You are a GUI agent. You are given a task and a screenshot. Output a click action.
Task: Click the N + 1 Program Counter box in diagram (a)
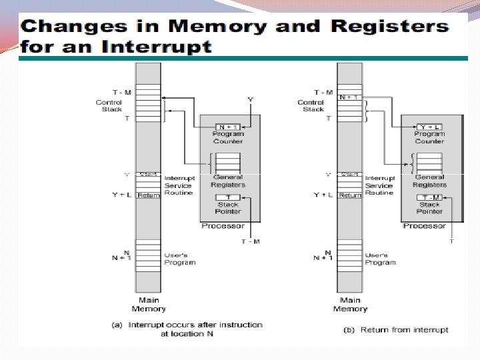(228, 127)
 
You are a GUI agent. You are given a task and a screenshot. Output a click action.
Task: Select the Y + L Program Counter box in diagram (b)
(429, 127)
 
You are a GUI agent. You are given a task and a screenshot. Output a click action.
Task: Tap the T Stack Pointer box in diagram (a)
(228, 197)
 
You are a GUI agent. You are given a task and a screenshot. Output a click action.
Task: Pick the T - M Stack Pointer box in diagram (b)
(429, 197)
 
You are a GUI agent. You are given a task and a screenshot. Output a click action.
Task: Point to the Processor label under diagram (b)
(424, 226)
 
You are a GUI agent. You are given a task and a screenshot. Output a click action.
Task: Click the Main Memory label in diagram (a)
(148, 305)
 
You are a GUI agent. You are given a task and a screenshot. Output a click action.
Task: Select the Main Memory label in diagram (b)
(349, 305)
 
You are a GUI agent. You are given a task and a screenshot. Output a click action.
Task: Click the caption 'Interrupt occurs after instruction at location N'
(187, 329)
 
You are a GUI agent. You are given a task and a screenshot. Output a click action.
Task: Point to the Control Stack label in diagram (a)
(109, 105)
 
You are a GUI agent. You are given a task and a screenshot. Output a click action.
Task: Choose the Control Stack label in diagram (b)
(311, 105)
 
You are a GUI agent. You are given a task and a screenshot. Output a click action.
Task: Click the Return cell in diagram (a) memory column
(149, 195)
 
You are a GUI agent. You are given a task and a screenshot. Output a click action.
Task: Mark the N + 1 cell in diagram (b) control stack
(349, 97)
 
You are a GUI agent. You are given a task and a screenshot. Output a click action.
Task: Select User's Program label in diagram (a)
(179, 259)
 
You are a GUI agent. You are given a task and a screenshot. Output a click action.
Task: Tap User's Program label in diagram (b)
(381, 259)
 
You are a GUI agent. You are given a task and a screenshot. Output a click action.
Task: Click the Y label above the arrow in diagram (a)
(250, 99)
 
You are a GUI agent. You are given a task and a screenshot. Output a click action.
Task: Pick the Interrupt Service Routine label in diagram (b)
(380, 185)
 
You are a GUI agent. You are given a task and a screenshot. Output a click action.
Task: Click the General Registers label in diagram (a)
(228, 181)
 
